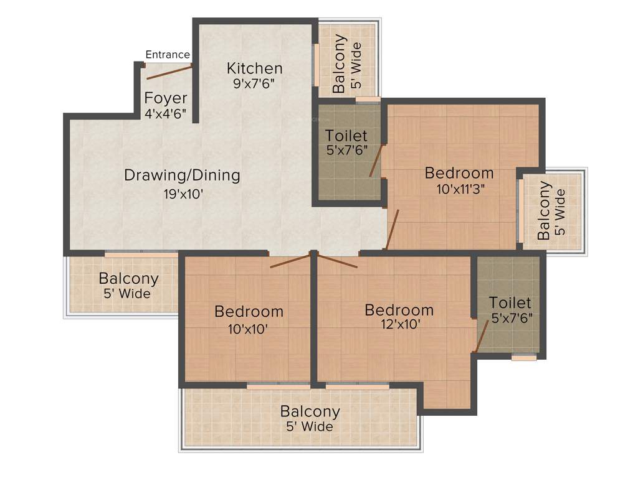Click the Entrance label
click(x=168, y=55)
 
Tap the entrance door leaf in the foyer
click(x=168, y=72)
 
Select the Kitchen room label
click(x=254, y=68)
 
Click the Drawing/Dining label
click(x=182, y=175)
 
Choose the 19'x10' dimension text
click(x=182, y=194)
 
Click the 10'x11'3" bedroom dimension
click(x=460, y=190)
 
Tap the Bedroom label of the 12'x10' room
click(x=399, y=309)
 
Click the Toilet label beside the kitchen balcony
click(x=346, y=135)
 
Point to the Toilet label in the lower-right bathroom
click(x=510, y=302)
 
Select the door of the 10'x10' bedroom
click(x=290, y=261)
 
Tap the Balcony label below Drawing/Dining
click(x=128, y=278)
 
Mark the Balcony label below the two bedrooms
click(x=310, y=411)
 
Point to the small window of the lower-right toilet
click(x=524, y=357)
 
